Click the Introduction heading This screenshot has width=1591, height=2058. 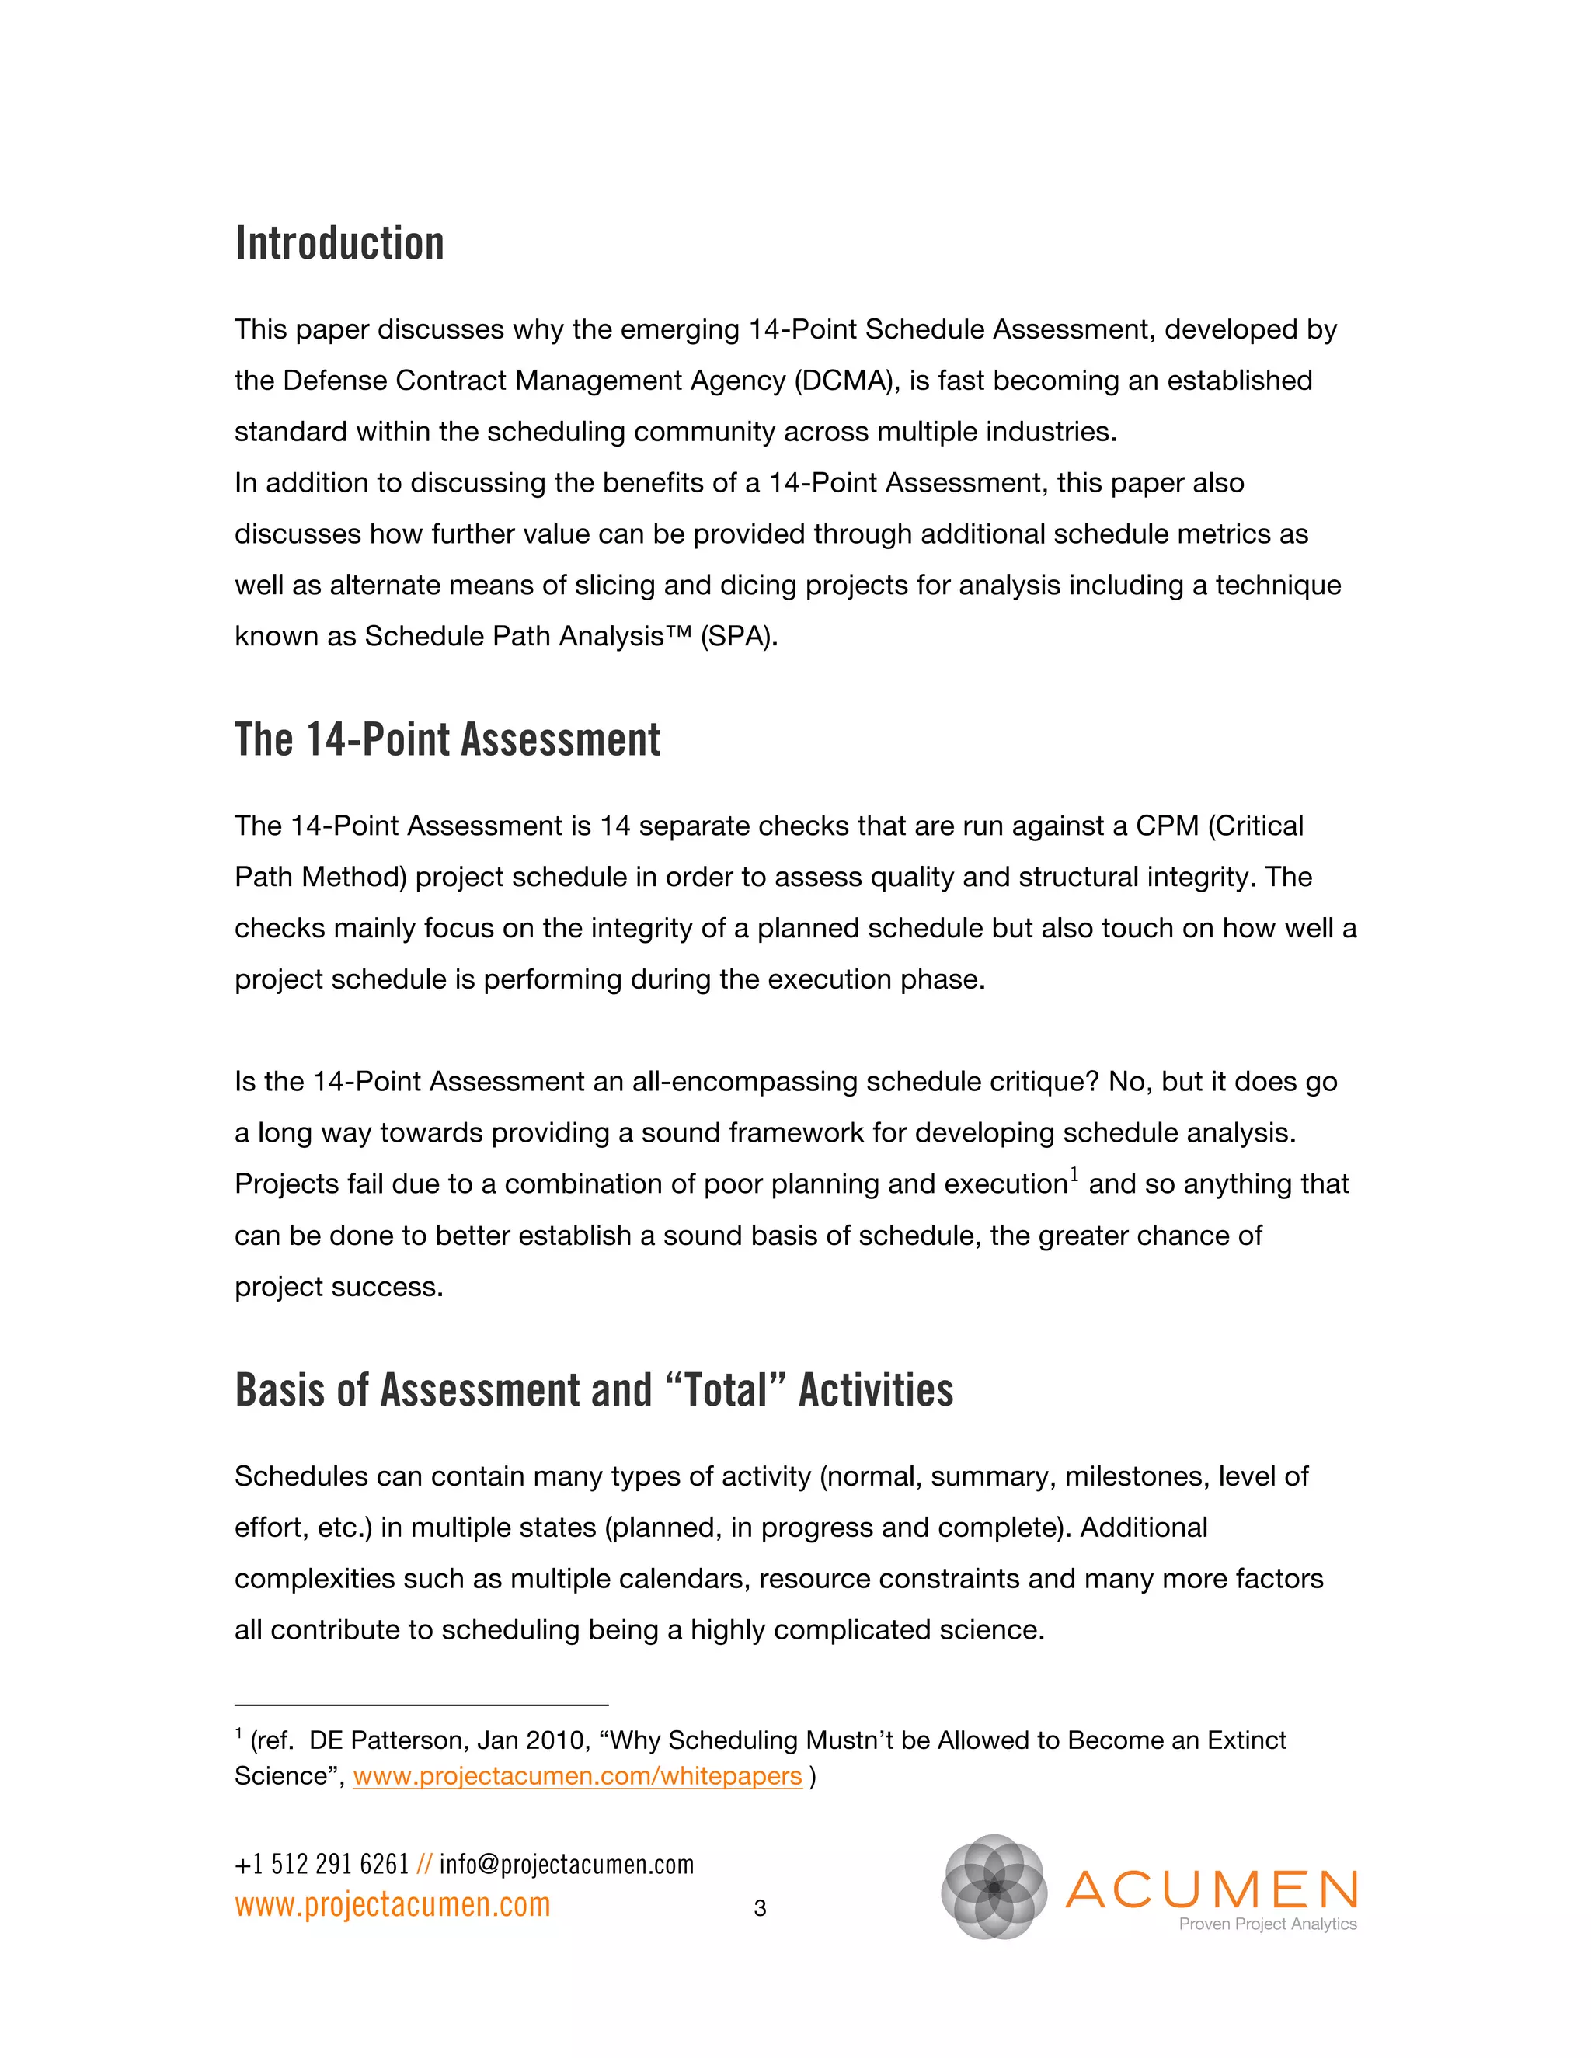339,244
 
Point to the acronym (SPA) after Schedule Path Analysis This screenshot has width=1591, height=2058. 739,637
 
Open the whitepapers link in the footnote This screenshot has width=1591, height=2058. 577,1776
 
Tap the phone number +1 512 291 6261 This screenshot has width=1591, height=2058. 322,1865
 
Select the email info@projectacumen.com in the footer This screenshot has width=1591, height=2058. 566,1865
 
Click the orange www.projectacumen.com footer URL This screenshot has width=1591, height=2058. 392,1904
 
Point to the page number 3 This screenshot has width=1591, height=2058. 760,1909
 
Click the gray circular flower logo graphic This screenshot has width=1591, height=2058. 994,1887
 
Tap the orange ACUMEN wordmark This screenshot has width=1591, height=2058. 1211,1889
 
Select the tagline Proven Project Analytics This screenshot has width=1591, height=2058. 1267,1924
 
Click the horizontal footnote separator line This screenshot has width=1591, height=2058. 421,1705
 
